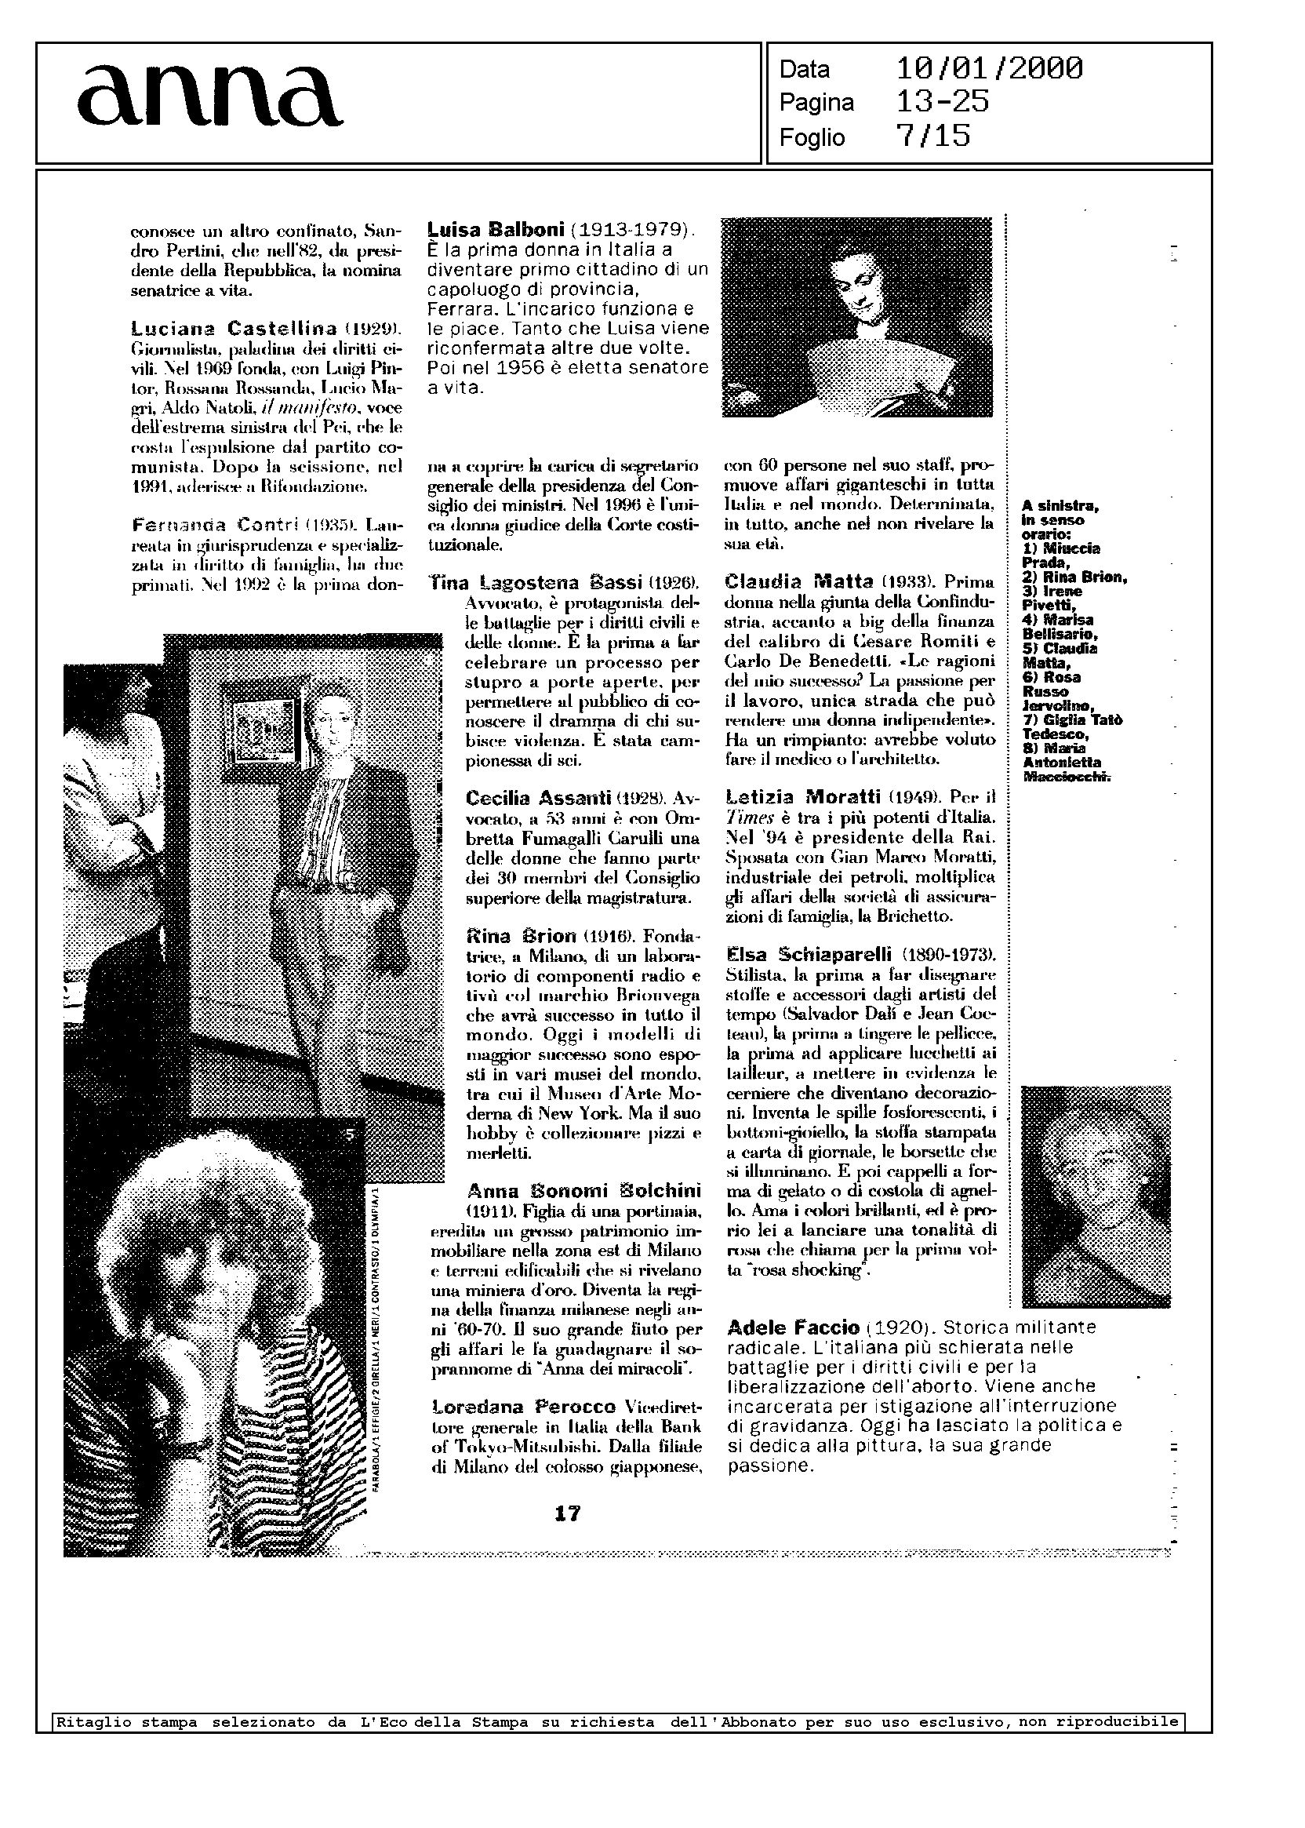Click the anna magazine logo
coord(209,97)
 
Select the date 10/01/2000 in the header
coord(989,69)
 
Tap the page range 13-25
coord(943,102)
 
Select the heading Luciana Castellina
coord(234,328)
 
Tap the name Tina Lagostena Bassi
coord(536,581)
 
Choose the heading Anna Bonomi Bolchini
coord(583,1189)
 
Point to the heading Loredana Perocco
coord(523,1407)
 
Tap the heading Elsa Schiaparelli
coord(809,954)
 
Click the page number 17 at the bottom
coord(567,1513)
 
